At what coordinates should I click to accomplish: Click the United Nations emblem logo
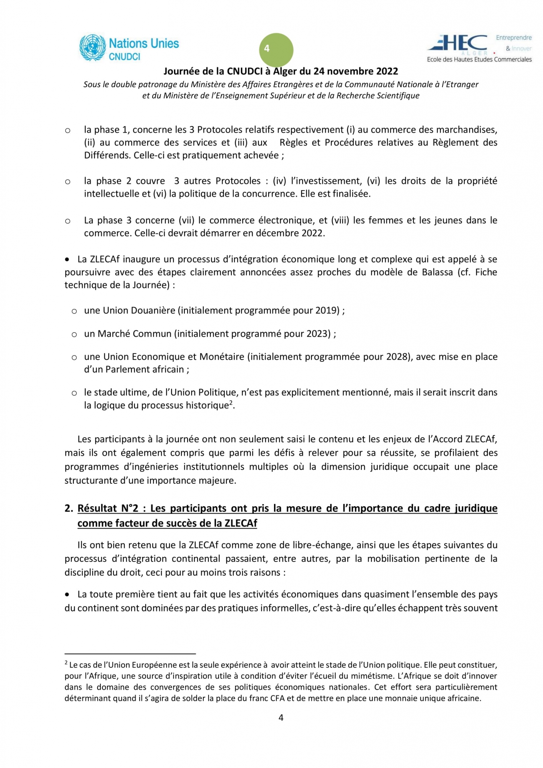coord(92,48)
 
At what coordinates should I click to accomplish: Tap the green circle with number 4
coord(276,50)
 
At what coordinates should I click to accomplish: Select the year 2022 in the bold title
coord(387,71)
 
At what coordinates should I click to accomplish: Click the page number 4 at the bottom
coord(281,717)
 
